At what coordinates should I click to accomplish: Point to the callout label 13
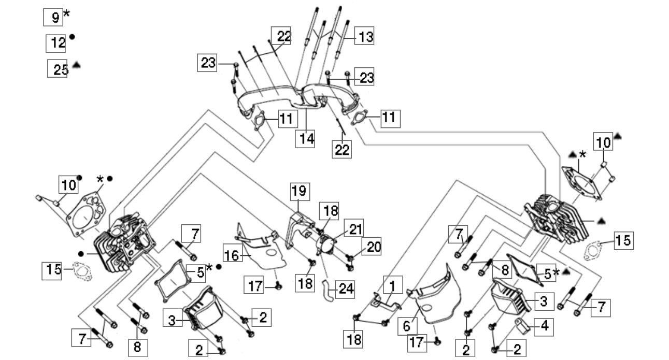364,37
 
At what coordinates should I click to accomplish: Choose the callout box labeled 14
307,140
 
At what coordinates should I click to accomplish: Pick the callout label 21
355,228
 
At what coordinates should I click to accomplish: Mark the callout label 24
345,289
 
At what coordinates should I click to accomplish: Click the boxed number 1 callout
392,285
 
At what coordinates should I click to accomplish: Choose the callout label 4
544,326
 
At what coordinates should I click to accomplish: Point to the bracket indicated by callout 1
385,301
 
